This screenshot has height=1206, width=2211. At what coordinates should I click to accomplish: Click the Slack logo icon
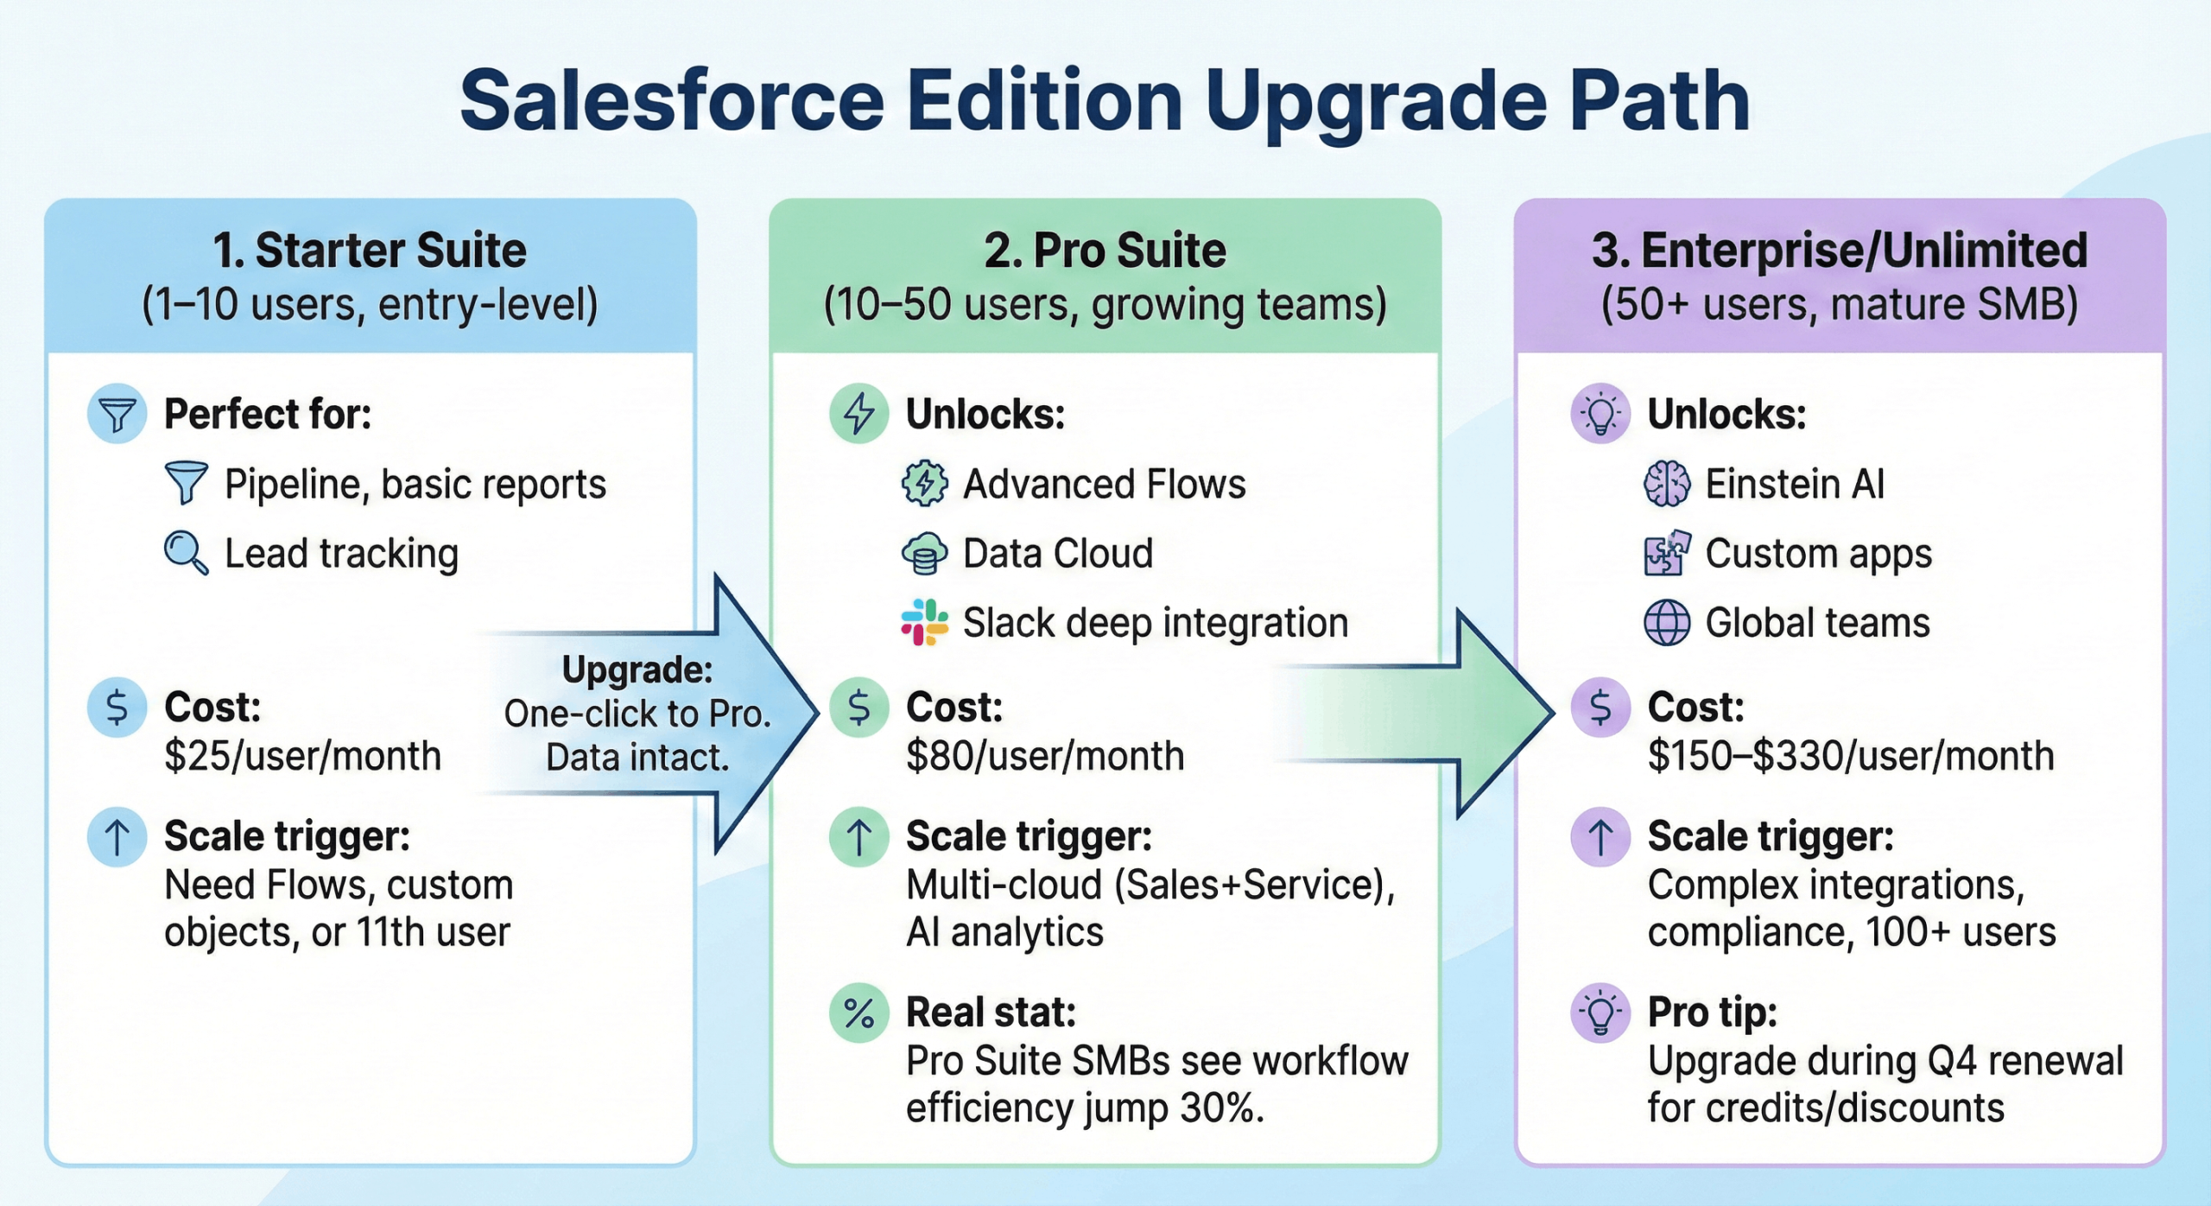[924, 622]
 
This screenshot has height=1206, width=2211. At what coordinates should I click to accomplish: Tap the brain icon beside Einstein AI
[1666, 484]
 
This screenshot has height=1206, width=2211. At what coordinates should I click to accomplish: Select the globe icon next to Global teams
[1666, 622]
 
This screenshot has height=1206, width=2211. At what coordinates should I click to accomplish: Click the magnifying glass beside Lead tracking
[185, 553]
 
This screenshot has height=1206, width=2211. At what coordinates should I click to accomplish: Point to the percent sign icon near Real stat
[858, 1012]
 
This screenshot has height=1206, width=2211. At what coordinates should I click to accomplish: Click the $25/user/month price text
[302, 757]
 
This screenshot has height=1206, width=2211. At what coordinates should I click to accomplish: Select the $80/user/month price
[1045, 757]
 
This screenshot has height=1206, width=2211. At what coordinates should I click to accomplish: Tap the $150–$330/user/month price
[1850, 757]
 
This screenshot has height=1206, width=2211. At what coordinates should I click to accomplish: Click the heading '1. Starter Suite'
[370, 251]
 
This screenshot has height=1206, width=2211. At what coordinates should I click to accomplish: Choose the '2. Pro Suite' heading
[1105, 251]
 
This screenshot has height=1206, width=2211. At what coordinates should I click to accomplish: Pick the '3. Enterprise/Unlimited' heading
[1840, 251]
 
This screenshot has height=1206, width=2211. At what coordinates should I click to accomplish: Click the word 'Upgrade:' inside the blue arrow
[637, 670]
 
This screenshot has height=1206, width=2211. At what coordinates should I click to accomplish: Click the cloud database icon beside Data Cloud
[924, 553]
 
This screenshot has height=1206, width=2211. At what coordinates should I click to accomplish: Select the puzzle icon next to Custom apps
[1666, 553]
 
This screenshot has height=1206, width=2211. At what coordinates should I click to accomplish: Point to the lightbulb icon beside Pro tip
[1600, 1012]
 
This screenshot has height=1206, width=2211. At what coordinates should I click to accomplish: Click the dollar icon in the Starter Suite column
[117, 708]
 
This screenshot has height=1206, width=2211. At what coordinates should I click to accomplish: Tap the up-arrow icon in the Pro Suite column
[858, 837]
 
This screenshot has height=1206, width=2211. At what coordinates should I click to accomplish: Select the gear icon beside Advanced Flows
[924, 484]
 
